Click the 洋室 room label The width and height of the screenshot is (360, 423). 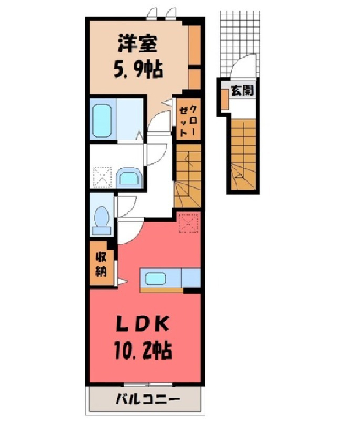tap(138, 43)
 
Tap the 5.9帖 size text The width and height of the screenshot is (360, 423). tap(138, 69)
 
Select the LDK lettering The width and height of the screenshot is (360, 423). tap(143, 325)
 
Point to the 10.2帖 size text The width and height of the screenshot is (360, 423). tap(143, 349)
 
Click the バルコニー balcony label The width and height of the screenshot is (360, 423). tap(148, 399)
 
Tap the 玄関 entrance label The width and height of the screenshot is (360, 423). tap(242, 91)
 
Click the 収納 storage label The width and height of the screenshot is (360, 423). tap(101, 264)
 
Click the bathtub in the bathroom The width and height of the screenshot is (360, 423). tap(101, 121)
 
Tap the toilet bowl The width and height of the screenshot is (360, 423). tap(101, 221)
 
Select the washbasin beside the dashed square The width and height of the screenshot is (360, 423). tap(128, 177)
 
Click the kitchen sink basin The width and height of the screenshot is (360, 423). tap(155, 279)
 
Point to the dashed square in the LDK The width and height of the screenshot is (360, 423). tap(189, 222)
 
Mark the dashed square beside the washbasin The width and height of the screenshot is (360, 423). tap(102, 177)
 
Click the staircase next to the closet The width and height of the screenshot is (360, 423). tap(188, 176)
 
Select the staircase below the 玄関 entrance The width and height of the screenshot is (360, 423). tap(243, 155)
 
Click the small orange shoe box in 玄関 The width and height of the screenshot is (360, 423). tap(224, 99)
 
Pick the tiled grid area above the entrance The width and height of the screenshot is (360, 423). tap(239, 42)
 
